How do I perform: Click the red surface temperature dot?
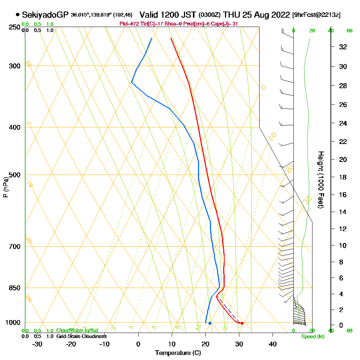[x=242, y=323]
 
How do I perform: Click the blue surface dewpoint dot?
[x=210, y=323]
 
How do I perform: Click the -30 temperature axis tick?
[x=37, y=344]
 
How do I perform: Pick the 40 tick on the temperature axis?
[x=273, y=344]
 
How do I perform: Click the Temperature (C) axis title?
[x=178, y=353]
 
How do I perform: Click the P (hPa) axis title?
[x=5, y=187]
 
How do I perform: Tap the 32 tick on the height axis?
[x=343, y=47]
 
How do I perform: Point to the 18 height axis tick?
[x=343, y=177]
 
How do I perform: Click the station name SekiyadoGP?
[x=45, y=15]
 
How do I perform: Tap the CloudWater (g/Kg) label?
[x=77, y=330]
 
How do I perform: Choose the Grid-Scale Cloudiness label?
[x=81, y=336]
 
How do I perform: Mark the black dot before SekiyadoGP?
[x=18, y=15]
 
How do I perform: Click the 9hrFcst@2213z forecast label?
[x=316, y=15]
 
